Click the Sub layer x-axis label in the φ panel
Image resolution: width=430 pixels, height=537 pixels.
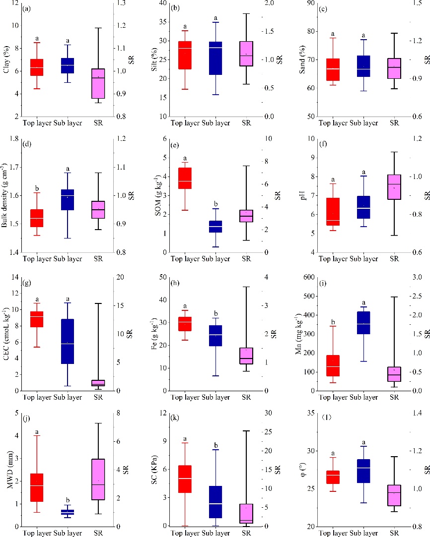pos(364,533)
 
